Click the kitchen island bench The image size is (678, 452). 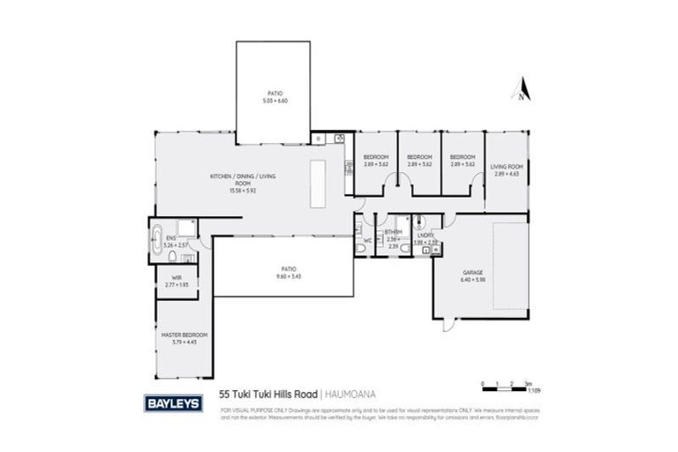[319, 184]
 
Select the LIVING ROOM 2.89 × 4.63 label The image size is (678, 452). [508, 169]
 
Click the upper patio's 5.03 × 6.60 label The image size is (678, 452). [275, 96]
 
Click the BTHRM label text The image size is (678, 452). [392, 233]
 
